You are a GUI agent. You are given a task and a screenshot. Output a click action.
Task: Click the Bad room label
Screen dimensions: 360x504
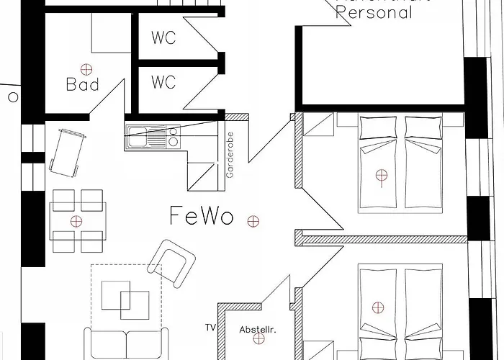[82, 85]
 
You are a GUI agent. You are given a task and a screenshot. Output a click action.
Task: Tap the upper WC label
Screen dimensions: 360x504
[163, 38]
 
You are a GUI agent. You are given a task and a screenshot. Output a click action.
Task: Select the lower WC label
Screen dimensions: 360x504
[163, 83]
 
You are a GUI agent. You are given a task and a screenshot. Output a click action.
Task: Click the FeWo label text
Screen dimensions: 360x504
[202, 215]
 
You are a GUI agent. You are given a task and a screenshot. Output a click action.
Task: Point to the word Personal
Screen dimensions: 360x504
[375, 12]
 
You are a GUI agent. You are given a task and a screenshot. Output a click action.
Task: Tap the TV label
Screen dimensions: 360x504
[210, 328]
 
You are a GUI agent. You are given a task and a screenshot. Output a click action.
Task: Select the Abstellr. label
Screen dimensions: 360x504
[258, 330]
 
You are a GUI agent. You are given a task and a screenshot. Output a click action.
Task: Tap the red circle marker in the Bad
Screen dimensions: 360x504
[86, 68]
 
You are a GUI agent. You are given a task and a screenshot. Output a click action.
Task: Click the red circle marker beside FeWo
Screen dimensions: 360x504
[252, 220]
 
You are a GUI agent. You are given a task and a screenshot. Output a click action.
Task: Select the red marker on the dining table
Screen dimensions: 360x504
[76, 221]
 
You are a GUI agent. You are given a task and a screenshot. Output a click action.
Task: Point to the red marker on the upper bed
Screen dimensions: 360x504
[381, 174]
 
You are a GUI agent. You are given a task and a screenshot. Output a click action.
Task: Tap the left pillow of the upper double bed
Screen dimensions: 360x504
[380, 127]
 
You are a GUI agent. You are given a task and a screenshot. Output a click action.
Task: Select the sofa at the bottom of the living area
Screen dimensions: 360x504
[127, 344]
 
